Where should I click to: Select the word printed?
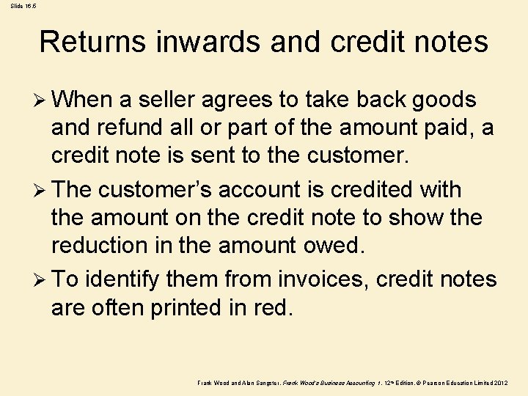click(x=183, y=307)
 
